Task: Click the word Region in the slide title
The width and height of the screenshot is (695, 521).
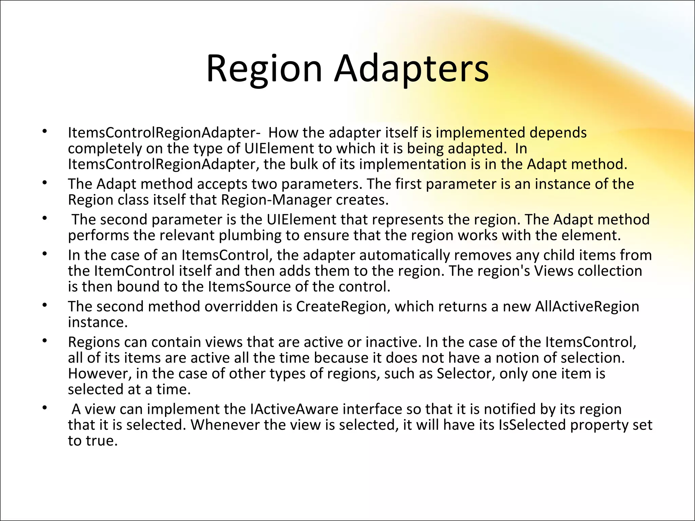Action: coord(264,70)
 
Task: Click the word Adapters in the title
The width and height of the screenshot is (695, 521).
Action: coord(411,70)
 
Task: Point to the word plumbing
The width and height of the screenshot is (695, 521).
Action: coord(250,235)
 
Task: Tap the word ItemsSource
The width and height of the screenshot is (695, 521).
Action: coord(249,287)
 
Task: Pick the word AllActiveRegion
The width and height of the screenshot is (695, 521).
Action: coord(587,306)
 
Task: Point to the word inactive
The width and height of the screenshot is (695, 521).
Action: coord(393,342)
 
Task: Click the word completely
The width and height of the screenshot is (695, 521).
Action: coord(105,149)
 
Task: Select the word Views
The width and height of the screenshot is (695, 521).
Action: coord(553,271)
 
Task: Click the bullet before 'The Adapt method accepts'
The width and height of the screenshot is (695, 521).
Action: coord(44,183)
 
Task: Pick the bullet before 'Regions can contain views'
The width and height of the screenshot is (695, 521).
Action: coord(44,341)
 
